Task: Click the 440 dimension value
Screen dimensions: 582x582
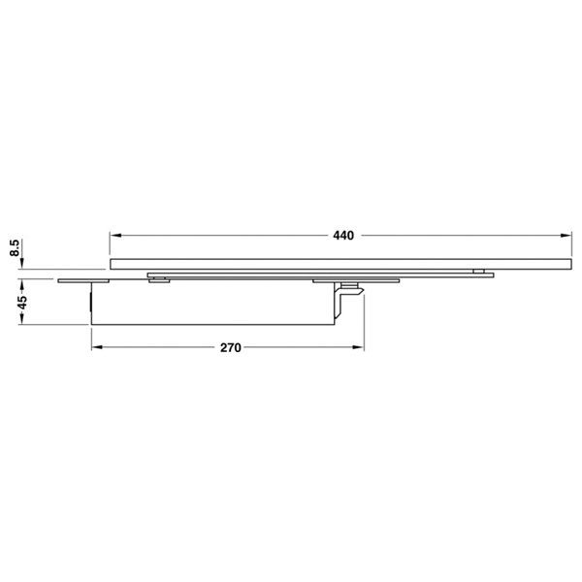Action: pyautogui.click(x=343, y=236)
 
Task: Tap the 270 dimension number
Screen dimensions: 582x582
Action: pyautogui.click(x=231, y=348)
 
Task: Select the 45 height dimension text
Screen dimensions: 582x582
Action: pyautogui.click(x=22, y=302)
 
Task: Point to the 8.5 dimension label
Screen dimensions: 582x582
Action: pyautogui.click(x=15, y=247)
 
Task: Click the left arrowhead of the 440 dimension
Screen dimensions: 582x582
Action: pyautogui.click(x=115, y=236)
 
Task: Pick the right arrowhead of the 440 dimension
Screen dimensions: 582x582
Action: pyautogui.click(x=566, y=236)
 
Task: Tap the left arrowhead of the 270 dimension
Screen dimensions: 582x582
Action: pyautogui.click(x=97, y=347)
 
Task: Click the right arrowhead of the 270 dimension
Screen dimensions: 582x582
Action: pyautogui.click(x=358, y=347)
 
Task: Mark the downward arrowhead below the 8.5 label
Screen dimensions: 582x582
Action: pyautogui.click(x=22, y=263)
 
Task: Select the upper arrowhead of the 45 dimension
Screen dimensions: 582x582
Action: pyautogui.click(x=22, y=285)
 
